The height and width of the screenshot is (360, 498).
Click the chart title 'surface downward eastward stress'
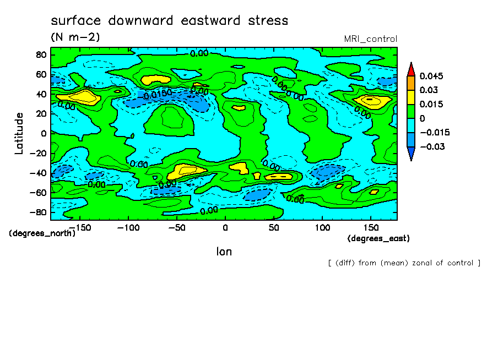[169, 21]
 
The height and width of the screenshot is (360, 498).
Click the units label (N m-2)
[75, 37]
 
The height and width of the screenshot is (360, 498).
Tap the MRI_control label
[370, 39]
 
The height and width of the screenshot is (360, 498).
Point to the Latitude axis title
[19, 133]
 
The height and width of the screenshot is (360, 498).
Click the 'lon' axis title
[224, 252]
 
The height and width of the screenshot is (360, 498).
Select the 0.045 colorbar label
[431, 76]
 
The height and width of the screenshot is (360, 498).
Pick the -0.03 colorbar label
[431, 146]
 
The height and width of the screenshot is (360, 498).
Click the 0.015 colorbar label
[431, 104]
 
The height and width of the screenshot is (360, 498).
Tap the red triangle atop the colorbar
[411, 69]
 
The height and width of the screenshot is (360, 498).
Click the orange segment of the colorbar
[411, 83]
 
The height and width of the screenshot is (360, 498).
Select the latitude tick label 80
[41, 54]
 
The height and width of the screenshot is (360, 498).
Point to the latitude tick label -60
[39, 193]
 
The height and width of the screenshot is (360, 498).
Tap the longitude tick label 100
[322, 227]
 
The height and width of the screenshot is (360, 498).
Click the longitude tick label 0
[225, 227]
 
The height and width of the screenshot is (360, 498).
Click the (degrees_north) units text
[42, 233]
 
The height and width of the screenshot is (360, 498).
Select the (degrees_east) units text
[379, 238]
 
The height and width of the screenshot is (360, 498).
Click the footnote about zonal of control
[404, 263]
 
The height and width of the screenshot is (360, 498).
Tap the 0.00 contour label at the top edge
[199, 53]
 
